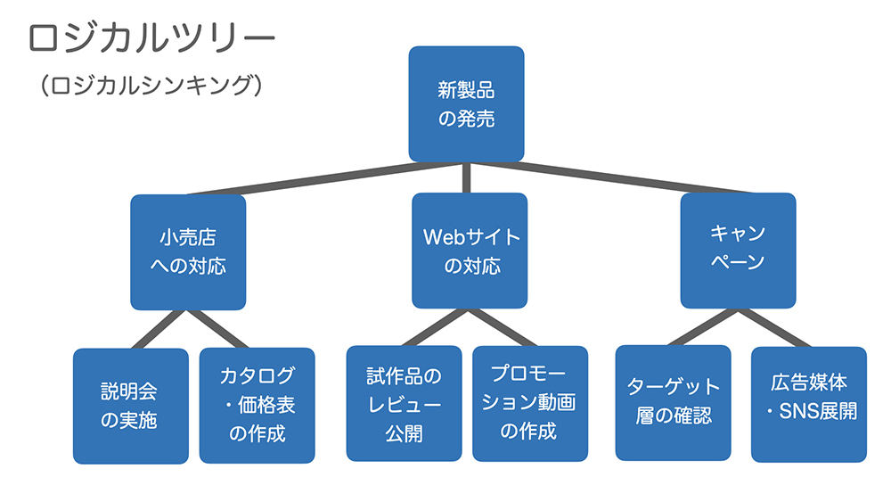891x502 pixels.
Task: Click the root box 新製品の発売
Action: point(466,104)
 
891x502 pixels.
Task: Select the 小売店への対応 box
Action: point(188,252)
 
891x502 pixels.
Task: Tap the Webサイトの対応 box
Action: point(470,251)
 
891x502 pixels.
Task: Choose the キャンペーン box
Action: point(738,251)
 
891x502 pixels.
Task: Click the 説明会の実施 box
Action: point(131,407)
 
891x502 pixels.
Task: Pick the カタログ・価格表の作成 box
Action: point(257,406)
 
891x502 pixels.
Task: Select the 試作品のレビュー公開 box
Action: point(404,404)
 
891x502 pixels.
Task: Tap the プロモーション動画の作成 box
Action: point(530,404)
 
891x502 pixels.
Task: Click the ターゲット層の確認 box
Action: point(674,403)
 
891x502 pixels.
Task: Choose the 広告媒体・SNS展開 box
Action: point(809,405)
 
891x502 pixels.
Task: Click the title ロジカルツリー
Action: point(151,38)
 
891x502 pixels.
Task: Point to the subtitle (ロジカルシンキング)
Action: point(151,86)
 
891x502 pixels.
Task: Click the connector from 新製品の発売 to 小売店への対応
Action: point(328,178)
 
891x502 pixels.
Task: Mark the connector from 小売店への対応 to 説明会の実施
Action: point(159,329)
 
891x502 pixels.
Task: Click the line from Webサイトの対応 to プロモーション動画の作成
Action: point(501,327)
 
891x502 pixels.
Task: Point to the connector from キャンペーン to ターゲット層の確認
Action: point(704,327)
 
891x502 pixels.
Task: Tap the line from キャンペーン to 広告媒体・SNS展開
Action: point(774,328)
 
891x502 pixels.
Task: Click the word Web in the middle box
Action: point(445,237)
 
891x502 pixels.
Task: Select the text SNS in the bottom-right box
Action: point(797,411)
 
